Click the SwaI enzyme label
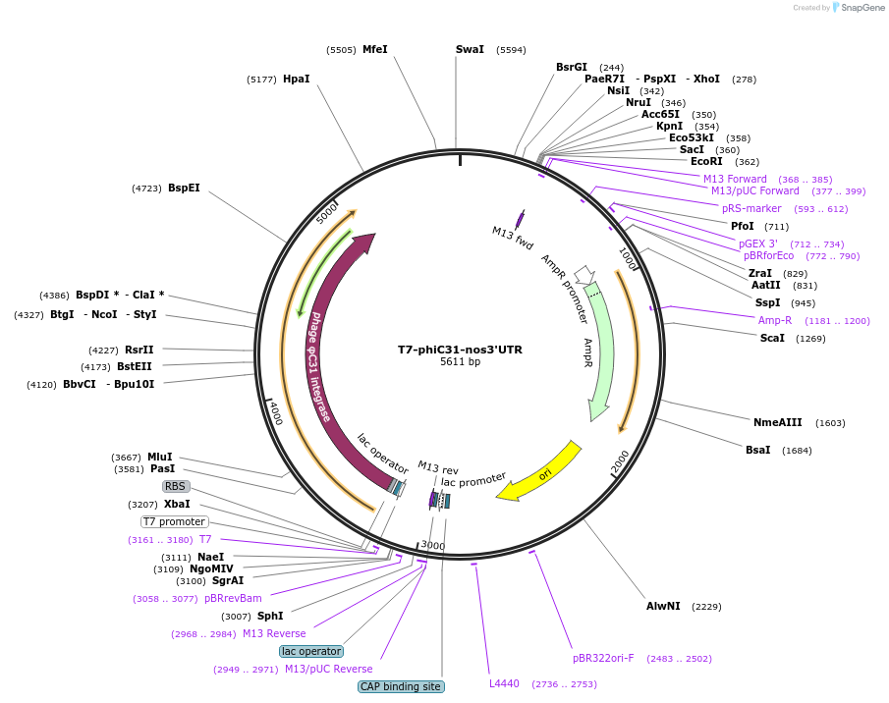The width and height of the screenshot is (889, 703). (470, 49)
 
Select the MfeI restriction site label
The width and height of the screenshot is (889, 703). (374, 49)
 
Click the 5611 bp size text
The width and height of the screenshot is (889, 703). (460, 362)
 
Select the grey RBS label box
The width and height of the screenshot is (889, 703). (175, 486)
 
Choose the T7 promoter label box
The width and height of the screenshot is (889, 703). (175, 521)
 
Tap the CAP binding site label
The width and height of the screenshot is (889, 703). (401, 687)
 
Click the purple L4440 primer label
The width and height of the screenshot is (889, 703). (504, 683)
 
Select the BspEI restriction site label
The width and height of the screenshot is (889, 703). (184, 188)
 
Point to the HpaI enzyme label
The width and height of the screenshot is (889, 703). (296, 79)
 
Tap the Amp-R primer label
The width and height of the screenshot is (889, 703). (775, 320)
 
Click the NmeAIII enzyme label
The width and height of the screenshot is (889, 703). (778, 423)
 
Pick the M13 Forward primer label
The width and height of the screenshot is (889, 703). (735, 179)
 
